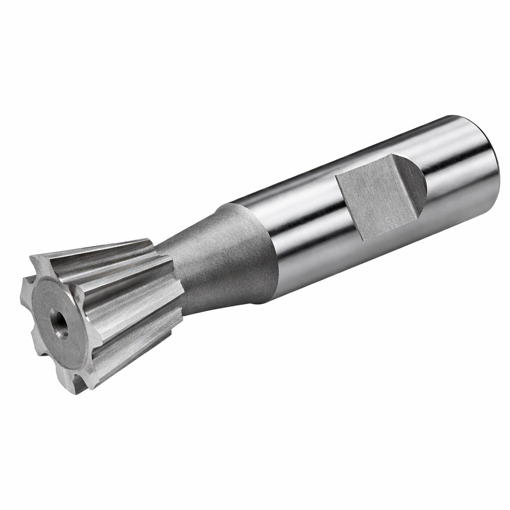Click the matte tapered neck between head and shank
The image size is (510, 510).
(x=219, y=259)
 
